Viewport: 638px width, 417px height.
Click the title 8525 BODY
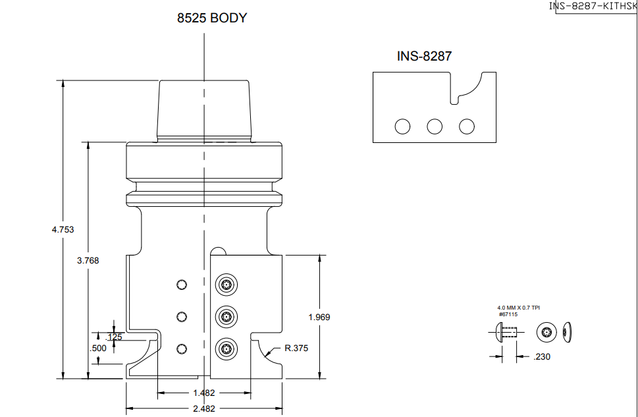tap(212, 18)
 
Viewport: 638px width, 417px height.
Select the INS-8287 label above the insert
tap(425, 56)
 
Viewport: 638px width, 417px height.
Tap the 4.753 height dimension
tap(63, 230)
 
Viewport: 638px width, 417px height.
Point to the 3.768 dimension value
tap(88, 261)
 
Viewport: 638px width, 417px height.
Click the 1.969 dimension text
tap(319, 318)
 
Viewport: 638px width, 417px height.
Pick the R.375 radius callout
tap(296, 348)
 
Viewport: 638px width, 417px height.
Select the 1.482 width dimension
tap(204, 393)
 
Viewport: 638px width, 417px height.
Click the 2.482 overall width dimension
tap(204, 408)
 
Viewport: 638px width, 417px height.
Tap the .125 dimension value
tap(114, 337)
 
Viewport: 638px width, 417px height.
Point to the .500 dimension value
tap(98, 348)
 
